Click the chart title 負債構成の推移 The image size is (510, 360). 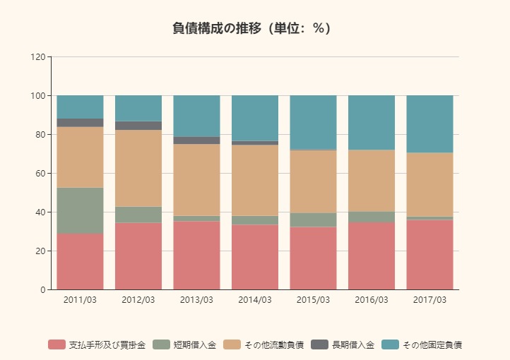coord(251,28)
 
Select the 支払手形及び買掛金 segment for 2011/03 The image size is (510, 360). coord(80,261)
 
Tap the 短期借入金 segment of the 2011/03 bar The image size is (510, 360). coord(80,210)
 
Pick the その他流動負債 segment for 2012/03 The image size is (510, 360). coord(138,168)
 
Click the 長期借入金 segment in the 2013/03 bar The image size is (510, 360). coord(196,140)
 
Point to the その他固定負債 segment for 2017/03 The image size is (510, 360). coord(429,124)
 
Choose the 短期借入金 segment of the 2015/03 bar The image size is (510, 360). coord(313,220)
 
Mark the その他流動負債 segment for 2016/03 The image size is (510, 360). coord(372,181)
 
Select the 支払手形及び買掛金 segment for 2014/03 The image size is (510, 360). coord(255,257)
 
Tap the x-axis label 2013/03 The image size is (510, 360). coord(196,300)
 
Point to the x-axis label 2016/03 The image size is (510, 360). coord(372,300)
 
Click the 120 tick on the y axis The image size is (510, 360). coord(38,56)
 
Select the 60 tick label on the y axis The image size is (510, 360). coord(40,173)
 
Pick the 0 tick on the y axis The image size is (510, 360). coord(42,289)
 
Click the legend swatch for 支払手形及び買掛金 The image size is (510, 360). coord(57,344)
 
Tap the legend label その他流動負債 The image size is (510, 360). coord(273,344)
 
